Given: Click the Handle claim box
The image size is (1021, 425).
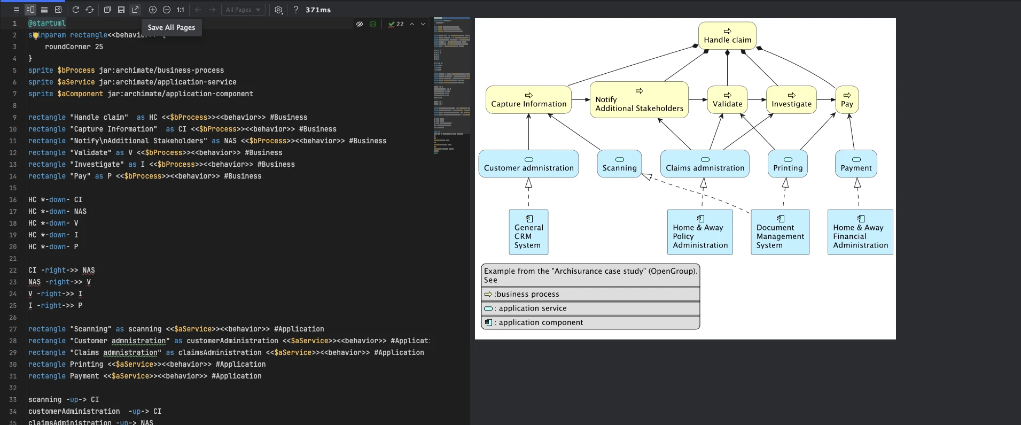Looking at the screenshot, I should pyautogui.click(x=727, y=36).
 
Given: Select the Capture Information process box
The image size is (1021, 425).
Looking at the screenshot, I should pyautogui.click(x=528, y=100).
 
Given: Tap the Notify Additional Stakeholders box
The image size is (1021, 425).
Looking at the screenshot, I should pyautogui.click(x=639, y=100).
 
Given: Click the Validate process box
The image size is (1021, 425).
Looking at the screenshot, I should pyautogui.click(x=727, y=100).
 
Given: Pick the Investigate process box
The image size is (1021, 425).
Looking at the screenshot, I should pyautogui.click(x=791, y=100).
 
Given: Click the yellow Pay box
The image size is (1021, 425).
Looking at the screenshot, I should pyautogui.click(x=847, y=100).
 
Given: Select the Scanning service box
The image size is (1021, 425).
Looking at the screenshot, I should pyautogui.click(x=619, y=164).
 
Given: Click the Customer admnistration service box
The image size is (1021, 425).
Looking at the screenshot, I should pyautogui.click(x=528, y=164).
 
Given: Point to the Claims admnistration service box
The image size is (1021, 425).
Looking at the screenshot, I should pyautogui.click(x=705, y=164).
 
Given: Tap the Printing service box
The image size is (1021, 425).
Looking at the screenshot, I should pyautogui.click(x=788, y=164).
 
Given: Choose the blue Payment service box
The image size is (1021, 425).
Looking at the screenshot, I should pyautogui.click(x=856, y=164).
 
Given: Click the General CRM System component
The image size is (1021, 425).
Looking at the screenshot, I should pyautogui.click(x=528, y=232).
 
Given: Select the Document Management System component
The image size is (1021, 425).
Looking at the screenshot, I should pyautogui.click(x=780, y=232).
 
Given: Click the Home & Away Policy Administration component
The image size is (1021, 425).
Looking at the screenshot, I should pyautogui.click(x=700, y=232).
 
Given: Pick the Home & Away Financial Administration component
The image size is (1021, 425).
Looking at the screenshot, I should pyautogui.click(x=860, y=232).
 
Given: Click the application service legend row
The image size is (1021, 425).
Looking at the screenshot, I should pyautogui.click(x=590, y=308).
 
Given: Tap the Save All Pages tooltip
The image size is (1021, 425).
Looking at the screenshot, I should pyautogui.click(x=172, y=27).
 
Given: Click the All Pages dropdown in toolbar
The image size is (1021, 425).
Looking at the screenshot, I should pyautogui.click(x=243, y=10).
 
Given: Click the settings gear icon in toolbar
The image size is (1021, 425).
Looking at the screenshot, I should pyautogui.click(x=278, y=10).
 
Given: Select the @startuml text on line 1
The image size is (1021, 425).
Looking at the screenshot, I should pyautogui.click(x=47, y=24).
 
